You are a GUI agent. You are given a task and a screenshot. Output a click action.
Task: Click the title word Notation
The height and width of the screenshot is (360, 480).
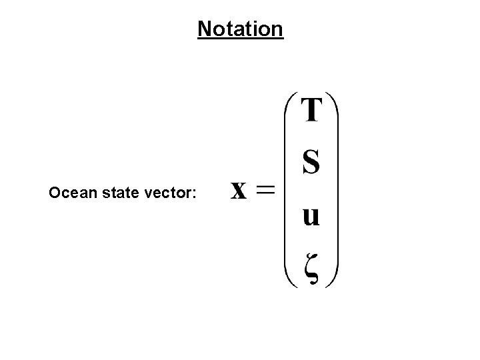(x=241, y=29)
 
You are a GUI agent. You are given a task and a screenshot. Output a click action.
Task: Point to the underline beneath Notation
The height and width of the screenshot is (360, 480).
(x=241, y=39)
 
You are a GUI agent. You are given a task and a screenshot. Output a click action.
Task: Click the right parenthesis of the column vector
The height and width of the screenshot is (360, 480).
(x=335, y=190)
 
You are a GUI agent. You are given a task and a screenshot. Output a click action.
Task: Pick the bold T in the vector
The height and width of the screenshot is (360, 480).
(x=312, y=110)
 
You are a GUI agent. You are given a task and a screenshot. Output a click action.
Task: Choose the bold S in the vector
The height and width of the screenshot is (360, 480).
(x=311, y=162)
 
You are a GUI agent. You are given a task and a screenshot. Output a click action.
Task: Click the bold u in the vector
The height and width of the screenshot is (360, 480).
(x=311, y=216)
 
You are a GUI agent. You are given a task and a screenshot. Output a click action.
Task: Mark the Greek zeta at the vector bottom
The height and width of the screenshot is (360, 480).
(x=311, y=268)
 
